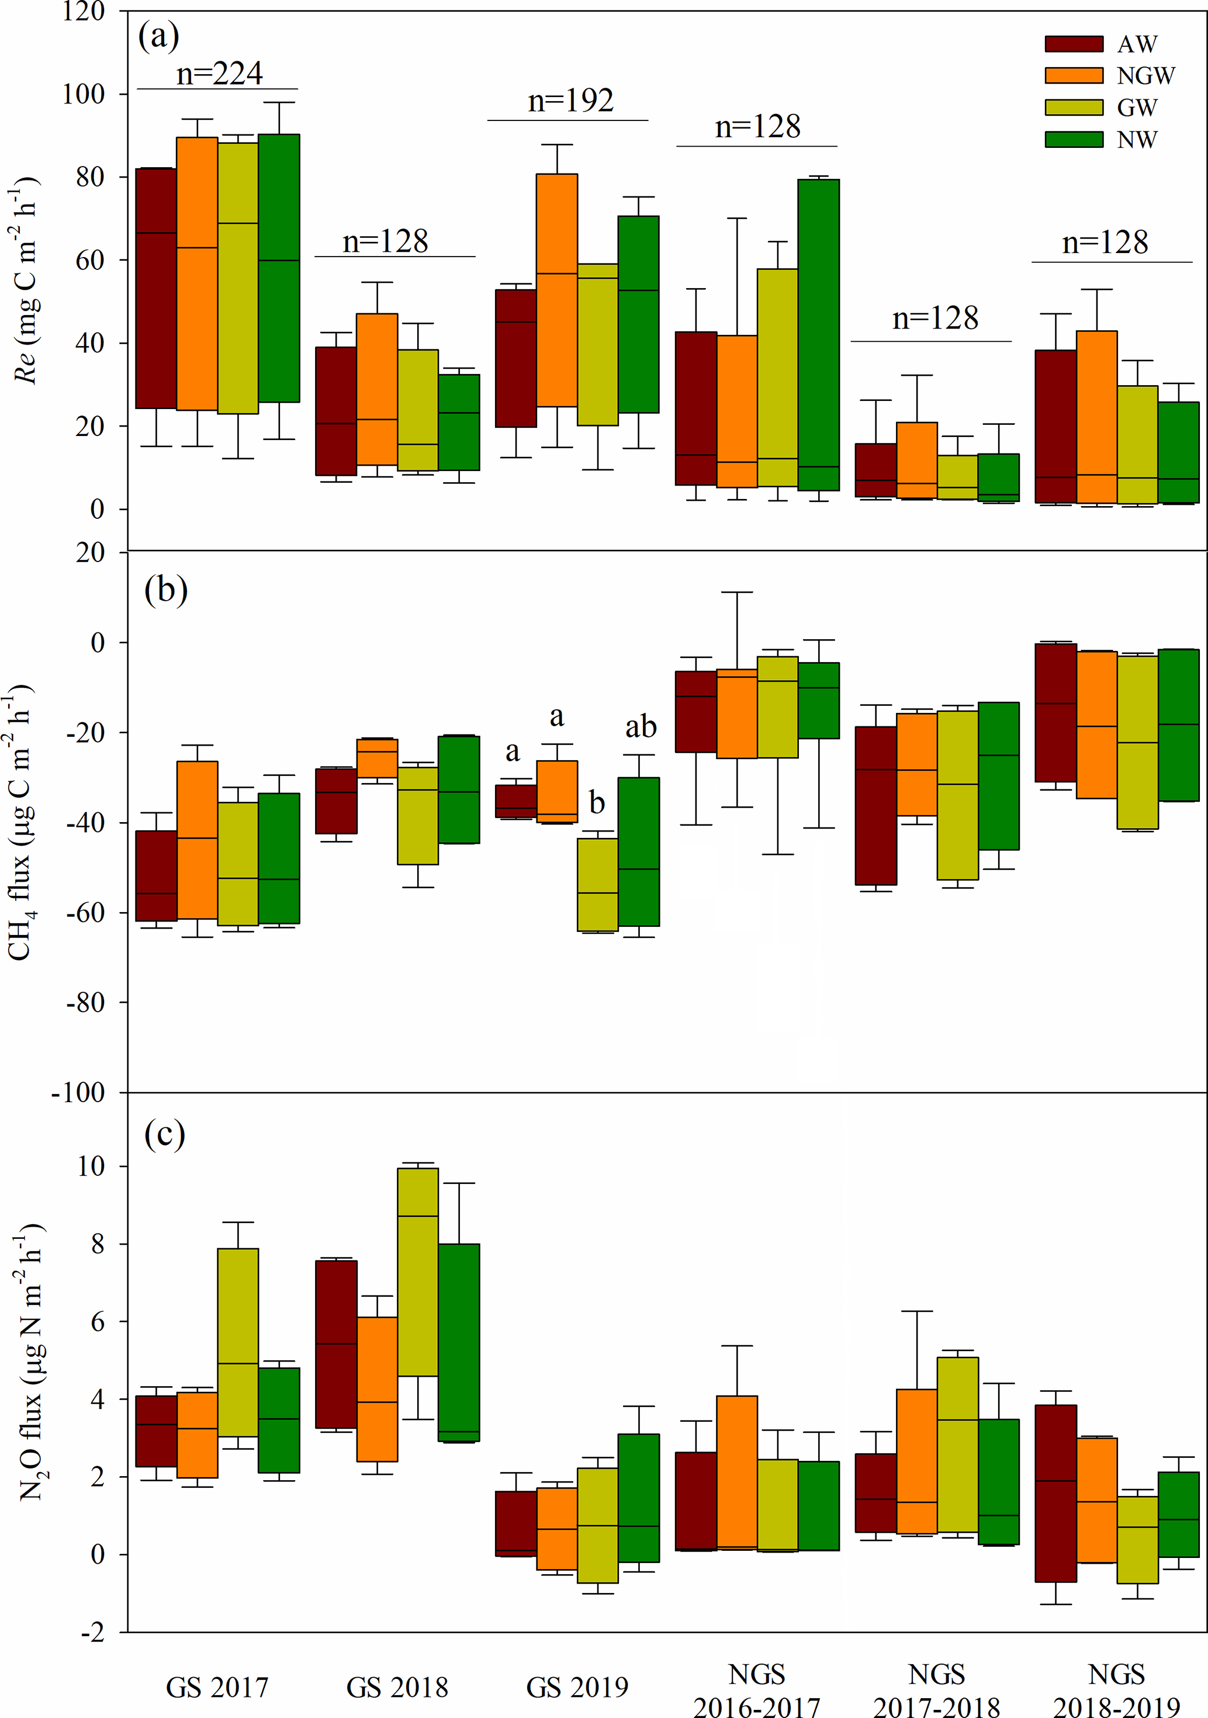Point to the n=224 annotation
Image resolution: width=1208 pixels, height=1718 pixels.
point(219,73)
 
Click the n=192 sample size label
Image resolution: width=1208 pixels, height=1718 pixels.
point(570,101)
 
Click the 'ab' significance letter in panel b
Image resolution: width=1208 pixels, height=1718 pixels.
point(641,726)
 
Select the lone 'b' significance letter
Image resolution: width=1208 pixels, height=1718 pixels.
point(597,803)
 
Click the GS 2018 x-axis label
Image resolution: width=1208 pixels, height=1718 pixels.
point(397,1688)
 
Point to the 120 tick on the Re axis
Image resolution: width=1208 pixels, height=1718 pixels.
point(83,12)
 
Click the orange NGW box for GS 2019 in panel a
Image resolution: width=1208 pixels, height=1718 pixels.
point(556,290)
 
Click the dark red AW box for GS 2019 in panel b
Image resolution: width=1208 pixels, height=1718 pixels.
point(515,801)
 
